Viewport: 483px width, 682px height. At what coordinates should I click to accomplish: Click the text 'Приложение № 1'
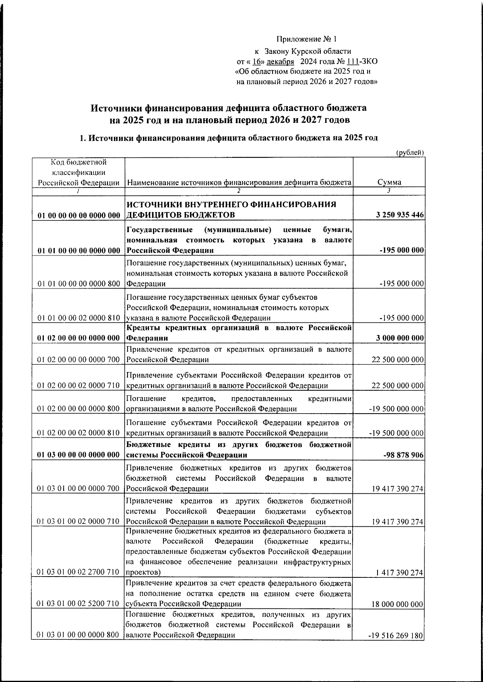(x=306, y=39)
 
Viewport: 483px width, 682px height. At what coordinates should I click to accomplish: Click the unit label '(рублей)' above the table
(x=410, y=152)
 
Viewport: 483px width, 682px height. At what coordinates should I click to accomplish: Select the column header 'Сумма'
(x=389, y=182)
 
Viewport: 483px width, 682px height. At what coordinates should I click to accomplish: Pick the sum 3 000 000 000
(x=400, y=338)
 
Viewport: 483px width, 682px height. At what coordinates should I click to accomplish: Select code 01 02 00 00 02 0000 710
(x=79, y=386)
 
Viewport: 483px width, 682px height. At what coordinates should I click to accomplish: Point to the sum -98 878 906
(x=404, y=455)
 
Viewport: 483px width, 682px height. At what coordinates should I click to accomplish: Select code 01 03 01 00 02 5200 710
(x=79, y=604)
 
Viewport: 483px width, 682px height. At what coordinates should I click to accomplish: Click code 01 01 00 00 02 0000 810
(x=79, y=318)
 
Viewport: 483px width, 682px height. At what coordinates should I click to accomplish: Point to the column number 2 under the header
(x=238, y=191)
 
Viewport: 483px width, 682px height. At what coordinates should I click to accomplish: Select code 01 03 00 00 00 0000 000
(x=79, y=455)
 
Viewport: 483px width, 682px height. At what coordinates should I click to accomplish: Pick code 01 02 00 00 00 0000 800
(x=79, y=409)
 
